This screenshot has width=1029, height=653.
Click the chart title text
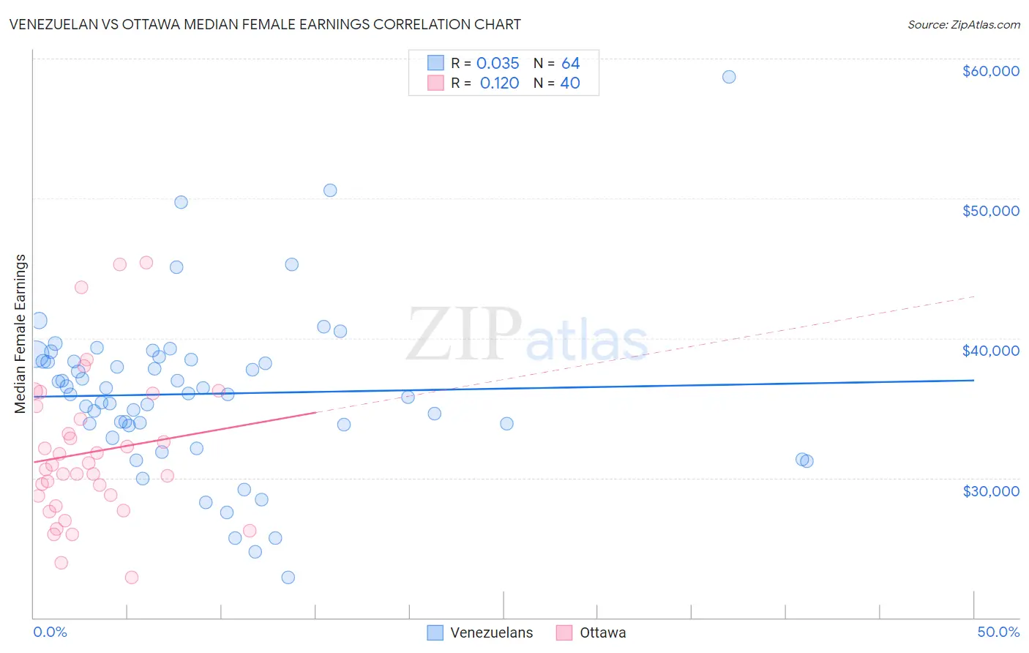point(265,24)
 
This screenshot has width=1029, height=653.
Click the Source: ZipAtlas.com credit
point(963,24)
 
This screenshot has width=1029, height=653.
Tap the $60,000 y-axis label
point(990,71)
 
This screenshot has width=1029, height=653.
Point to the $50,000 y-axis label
point(990,211)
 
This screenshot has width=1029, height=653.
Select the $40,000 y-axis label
point(990,351)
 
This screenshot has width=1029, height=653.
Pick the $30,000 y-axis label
point(990,490)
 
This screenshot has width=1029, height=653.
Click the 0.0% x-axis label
point(50,632)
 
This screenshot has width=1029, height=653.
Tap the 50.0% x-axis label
point(998,632)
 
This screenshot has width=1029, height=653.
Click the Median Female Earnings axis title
point(20,334)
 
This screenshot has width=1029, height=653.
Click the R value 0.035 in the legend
point(498,64)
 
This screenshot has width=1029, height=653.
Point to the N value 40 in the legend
point(569,83)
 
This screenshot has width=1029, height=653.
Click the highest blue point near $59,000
point(729,77)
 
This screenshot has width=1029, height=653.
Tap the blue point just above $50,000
point(330,190)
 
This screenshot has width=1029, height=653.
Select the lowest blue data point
point(288,578)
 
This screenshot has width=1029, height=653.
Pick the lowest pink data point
point(132,578)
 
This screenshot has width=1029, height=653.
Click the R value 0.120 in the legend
point(499,83)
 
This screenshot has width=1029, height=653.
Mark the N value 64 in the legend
point(570,64)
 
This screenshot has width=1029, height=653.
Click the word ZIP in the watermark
point(463,336)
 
